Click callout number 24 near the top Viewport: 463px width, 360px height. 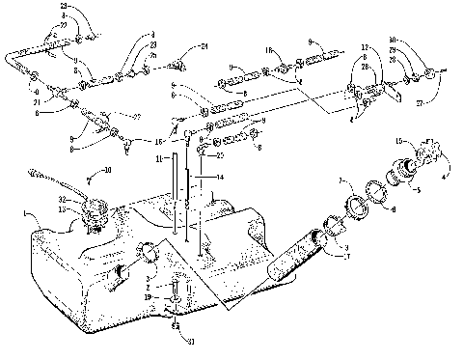pos(204,45)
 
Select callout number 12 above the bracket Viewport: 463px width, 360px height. pos(364,47)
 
